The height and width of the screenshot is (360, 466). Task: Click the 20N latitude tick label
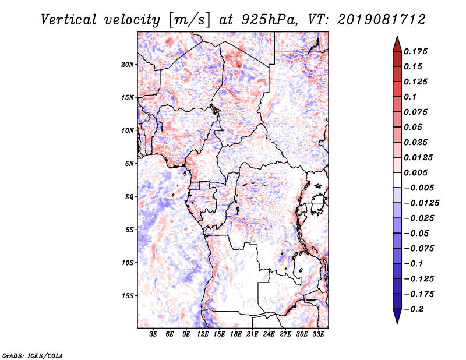pyautogui.click(x=127, y=65)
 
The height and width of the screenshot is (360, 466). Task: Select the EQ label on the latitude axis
pyautogui.click(x=129, y=197)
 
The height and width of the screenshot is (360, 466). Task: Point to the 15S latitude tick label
pyautogui.click(x=127, y=296)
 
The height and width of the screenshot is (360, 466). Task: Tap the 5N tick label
pyautogui.click(x=129, y=164)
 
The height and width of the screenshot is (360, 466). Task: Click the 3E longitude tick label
pyautogui.click(x=153, y=334)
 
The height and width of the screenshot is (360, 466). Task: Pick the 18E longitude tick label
pyautogui.click(x=235, y=334)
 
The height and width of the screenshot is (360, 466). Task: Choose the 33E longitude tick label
pyautogui.click(x=318, y=334)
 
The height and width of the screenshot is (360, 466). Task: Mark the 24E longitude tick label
pyautogui.click(x=269, y=334)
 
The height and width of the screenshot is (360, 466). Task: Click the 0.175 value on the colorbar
pyautogui.click(x=415, y=51)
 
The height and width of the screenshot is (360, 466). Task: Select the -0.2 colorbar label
pyautogui.click(x=414, y=309)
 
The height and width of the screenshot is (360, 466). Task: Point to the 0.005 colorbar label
pyautogui.click(x=415, y=172)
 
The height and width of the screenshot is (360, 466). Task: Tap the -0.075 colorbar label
pyautogui.click(x=419, y=249)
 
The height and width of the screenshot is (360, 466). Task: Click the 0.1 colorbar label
pyautogui.click(x=410, y=97)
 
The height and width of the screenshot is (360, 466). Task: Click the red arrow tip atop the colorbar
pyautogui.click(x=397, y=36)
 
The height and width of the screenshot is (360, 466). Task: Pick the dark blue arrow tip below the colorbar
pyautogui.click(x=397, y=323)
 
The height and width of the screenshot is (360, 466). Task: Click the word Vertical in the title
pyautogui.click(x=69, y=20)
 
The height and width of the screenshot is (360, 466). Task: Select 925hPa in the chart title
pyautogui.click(x=270, y=20)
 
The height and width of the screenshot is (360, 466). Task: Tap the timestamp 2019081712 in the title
pyautogui.click(x=382, y=20)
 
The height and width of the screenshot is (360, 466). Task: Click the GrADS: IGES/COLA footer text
pyautogui.click(x=33, y=355)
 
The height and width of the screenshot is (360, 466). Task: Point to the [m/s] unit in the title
pyautogui.click(x=189, y=20)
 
